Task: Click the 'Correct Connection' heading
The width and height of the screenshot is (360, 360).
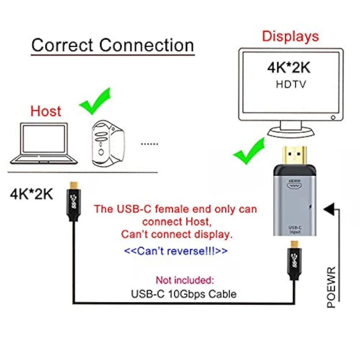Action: pyautogui.click(x=113, y=45)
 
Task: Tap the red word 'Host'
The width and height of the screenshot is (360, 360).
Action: pyautogui.click(x=46, y=111)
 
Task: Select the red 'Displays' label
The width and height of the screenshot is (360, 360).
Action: pyautogui.click(x=291, y=36)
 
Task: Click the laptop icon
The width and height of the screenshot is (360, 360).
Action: pyautogui.click(x=44, y=144)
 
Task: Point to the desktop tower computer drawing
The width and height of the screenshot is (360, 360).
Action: pyautogui.click(x=108, y=144)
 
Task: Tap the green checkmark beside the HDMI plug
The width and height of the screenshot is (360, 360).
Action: pyautogui.click(x=249, y=151)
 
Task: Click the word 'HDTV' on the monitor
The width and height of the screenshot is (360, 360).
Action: pyautogui.click(x=291, y=84)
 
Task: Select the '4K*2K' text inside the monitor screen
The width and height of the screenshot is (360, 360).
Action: pyautogui.click(x=289, y=68)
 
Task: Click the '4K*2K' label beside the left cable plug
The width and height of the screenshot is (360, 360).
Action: pyautogui.click(x=31, y=194)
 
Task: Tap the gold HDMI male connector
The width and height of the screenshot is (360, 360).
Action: pyautogui.click(x=294, y=156)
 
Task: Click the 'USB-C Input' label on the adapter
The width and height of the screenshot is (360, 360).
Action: pyautogui.click(x=295, y=230)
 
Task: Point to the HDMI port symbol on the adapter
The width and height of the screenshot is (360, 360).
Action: pyautogui.click(x=294, y=184)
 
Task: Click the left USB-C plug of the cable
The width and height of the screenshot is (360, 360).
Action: pyautogui.click(x=74, y=202)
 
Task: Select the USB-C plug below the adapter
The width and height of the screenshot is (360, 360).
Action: pyautogui.click(x=294, y=260)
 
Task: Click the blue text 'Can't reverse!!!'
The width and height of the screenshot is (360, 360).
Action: pyautogui.click(x=176, y=251)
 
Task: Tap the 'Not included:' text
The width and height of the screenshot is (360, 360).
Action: pyautogui.click(x=185, y=280)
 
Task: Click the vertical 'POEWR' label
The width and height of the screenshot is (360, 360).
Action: pyautogui.click(x=331, y=287)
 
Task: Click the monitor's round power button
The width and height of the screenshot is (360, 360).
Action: pyautogui.click(x=333, y=118)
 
